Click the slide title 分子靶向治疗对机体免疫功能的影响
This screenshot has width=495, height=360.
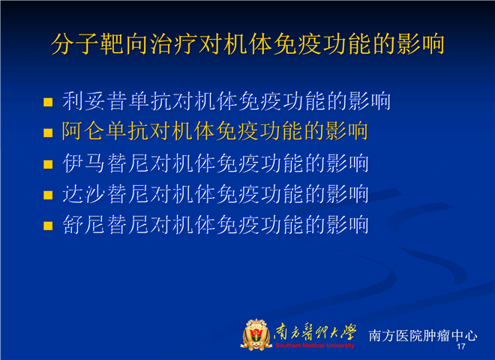[x=247, y=43]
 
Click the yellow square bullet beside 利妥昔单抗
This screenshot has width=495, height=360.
[x=48, y=102]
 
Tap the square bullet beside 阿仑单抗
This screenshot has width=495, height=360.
[x=48, y=133]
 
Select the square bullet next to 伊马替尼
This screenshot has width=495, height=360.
[x=48, y=164]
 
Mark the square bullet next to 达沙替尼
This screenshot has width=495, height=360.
[x=48, y=195]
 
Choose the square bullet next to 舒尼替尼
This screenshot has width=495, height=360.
[x=48, y=226]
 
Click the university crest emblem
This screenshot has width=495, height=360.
[x=256, y=334]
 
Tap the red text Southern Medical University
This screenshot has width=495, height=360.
[x=315, y=346]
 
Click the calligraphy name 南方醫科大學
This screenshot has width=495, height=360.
[x=315, y=332]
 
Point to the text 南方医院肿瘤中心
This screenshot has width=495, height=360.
[x=423, y=335]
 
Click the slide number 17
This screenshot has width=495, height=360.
[x=461, y=346]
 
